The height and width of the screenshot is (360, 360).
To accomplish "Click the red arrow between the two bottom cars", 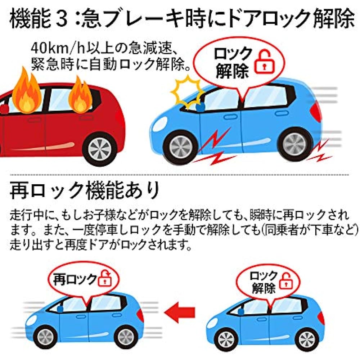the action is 180,312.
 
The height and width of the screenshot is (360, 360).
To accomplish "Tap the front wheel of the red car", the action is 100,148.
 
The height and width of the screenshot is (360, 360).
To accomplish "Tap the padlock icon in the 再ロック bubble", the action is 105,279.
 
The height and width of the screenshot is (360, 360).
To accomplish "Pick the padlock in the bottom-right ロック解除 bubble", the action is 286,281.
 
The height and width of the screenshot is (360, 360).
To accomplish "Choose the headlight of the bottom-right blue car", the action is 211,323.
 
